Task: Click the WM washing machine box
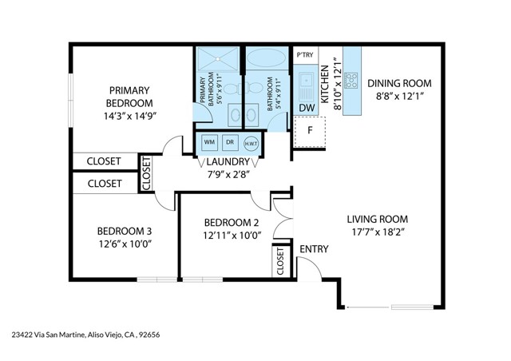click(209, 142)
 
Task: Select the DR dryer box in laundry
click(229, 142)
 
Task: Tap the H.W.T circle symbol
click(250, 143)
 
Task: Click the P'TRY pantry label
click(304, 55)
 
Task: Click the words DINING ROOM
click(399, 83)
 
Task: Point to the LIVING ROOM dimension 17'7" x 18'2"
click(377, 233)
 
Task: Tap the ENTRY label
click(314, 249)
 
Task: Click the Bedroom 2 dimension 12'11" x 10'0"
click(232, 236)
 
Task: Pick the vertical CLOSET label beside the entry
click(281, 261)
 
